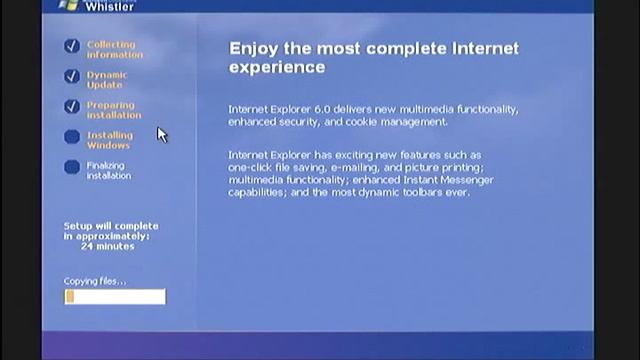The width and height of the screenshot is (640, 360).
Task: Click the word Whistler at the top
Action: point(109,5)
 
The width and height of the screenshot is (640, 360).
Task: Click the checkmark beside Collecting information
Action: point(71,46)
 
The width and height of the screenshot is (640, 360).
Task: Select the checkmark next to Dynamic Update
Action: point(71,76)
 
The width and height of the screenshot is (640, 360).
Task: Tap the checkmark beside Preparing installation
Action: point(71,106)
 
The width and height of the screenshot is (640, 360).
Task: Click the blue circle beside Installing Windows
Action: point(71,137)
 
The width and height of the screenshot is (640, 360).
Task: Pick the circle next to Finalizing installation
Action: point(71,167)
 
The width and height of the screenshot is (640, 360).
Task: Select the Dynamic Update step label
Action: point(107,80)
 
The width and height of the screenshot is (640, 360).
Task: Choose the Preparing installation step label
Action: point(113,110)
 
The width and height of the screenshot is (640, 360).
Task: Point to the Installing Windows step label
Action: point(109,140)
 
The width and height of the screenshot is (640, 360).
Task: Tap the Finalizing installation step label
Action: point(108,171)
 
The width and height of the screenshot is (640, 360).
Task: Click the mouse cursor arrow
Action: point(161,134)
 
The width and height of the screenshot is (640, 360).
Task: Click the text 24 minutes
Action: point(108,246)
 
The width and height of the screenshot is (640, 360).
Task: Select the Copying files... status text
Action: point(95,281)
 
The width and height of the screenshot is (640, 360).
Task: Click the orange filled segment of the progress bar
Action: point(70,297)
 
